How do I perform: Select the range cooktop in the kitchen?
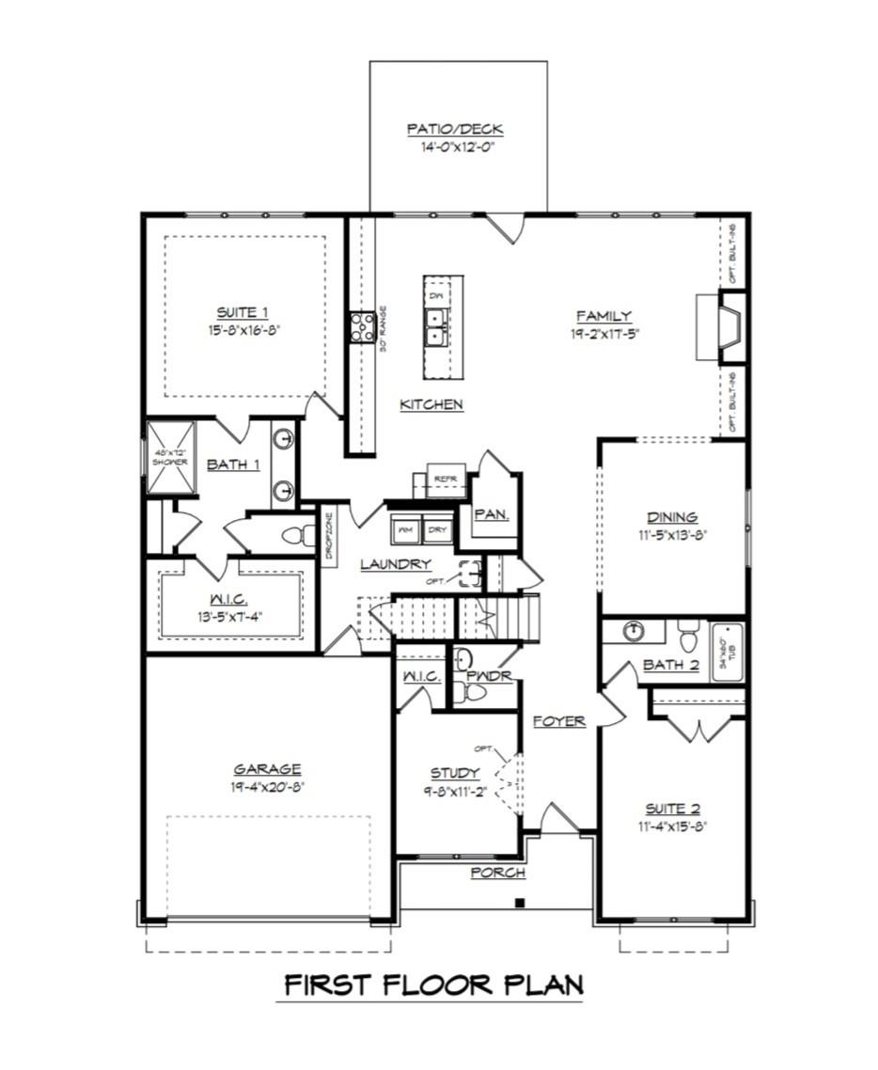pyautogui.click(x=362, y=326)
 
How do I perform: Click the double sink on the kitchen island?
pyautogui.click(x=436, y=328)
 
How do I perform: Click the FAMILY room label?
pyautogui.click(x=604, y=316)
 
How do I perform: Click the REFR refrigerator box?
pyautogui.click(x=444, y=479)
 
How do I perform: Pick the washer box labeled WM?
pyautogui.click(x=406, y=529)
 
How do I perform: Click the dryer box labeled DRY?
pyautogui.click(x=437, y=529)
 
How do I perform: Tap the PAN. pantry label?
pyautogui.click(x=491, y=514)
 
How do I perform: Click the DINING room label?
pyautogui.click(x=672, y=516)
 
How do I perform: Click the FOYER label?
pyautogui.click(x=558, y=721)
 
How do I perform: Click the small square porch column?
pyautogui.click(x=518, y=904)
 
